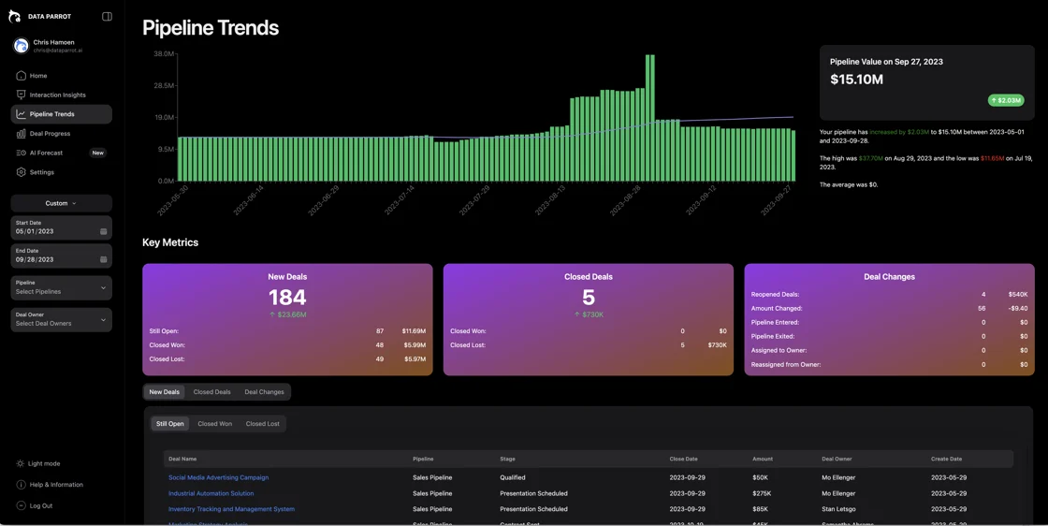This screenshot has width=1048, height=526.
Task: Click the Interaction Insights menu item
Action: point(57,95)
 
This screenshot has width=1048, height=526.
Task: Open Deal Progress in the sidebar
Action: point(50,134)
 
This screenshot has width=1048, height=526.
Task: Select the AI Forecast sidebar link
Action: point(46,153)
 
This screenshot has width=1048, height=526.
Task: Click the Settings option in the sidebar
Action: point(41,172)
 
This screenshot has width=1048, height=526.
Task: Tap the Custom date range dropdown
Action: point(61,203)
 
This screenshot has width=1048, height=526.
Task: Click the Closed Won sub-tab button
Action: point(214,424)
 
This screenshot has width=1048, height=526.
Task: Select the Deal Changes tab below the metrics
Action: point(264,392)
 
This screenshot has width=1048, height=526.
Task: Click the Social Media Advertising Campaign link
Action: point(218,477)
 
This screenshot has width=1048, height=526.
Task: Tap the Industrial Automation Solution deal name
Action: point(211,493)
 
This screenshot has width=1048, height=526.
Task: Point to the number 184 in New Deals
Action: point(287,298)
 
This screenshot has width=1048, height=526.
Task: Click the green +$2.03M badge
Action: point(1006,100)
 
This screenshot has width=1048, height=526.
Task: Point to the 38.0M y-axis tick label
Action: point(163,54)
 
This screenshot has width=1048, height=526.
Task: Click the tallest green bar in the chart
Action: point(649,117)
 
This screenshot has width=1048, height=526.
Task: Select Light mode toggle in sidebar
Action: point(44,463)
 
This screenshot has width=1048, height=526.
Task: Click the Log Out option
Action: point(40,505)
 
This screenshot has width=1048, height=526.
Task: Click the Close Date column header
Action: point(683,459)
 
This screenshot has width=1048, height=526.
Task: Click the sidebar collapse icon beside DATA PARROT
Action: point(107,17)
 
